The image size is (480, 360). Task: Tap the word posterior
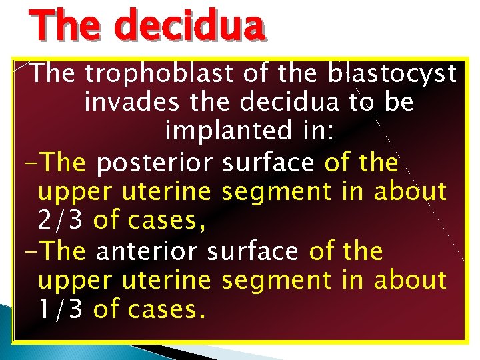coord(154,162)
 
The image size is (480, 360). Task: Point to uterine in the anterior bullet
coord(167,280)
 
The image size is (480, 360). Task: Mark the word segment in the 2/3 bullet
coord(275,192)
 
